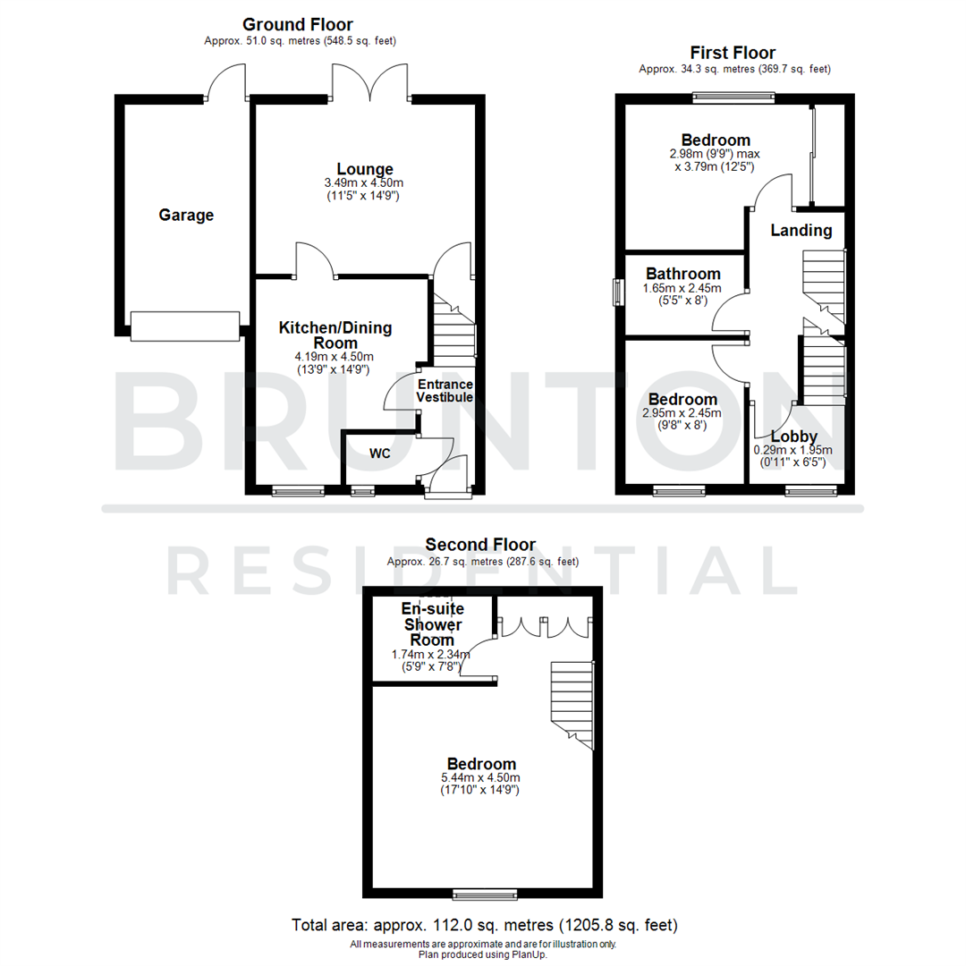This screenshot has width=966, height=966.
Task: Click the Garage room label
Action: [x=186, y=215]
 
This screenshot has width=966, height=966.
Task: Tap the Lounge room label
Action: [x=365, y=169]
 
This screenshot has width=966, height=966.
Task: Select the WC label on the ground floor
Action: [x=380, y=453]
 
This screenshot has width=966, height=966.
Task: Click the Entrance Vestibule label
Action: [x=445, y=390]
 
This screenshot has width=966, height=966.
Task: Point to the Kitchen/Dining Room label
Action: [x=335, y=335]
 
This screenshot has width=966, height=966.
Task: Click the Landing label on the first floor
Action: [x=801, y=230]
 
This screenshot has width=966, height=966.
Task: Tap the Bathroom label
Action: [x=683, y=274]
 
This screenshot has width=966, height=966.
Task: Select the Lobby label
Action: [x=793, y=436]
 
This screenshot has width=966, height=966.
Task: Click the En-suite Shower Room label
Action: [x=432, y=624]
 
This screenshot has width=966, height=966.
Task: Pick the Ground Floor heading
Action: [x=298, y=24]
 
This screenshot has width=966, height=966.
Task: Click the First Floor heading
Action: [x=733, y=53]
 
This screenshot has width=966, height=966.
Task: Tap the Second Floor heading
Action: [x=480, y=544]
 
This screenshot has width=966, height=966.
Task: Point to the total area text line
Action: [x=485, y=924]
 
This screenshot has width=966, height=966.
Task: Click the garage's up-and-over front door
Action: [x=185, y=326]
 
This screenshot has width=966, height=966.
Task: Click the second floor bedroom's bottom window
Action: [x=484, y=894]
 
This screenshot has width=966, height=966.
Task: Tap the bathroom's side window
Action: [x=616, y=293]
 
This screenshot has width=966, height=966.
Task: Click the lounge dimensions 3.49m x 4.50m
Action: [x=365, y=183]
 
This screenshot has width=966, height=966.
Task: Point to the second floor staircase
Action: [x=572, y=703]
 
